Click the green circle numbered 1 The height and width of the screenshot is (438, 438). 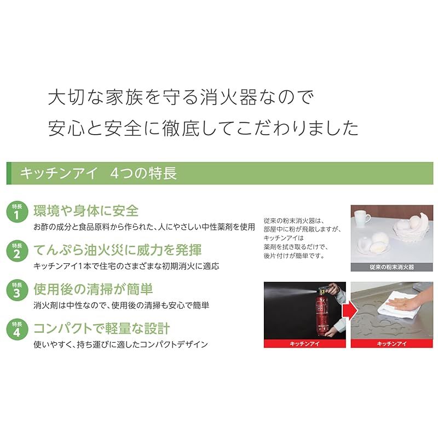coord(16,212)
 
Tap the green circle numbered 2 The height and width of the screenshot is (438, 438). coord(16,252)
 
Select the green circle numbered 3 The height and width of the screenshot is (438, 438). coord(16,291)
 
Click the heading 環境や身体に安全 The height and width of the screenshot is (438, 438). coord(86,210)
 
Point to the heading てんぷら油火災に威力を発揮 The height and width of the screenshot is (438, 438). coord(118,250)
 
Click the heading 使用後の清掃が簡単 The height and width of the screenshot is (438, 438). coord(93,289)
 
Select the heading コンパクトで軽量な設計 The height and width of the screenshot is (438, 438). coord(102,328)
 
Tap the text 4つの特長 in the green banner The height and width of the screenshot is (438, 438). coord(143,174)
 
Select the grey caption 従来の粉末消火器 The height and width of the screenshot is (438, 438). coord(391,268)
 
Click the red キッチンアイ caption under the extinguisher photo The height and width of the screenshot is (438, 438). coord(304,344)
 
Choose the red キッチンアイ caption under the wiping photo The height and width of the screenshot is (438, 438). coord(391,344)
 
